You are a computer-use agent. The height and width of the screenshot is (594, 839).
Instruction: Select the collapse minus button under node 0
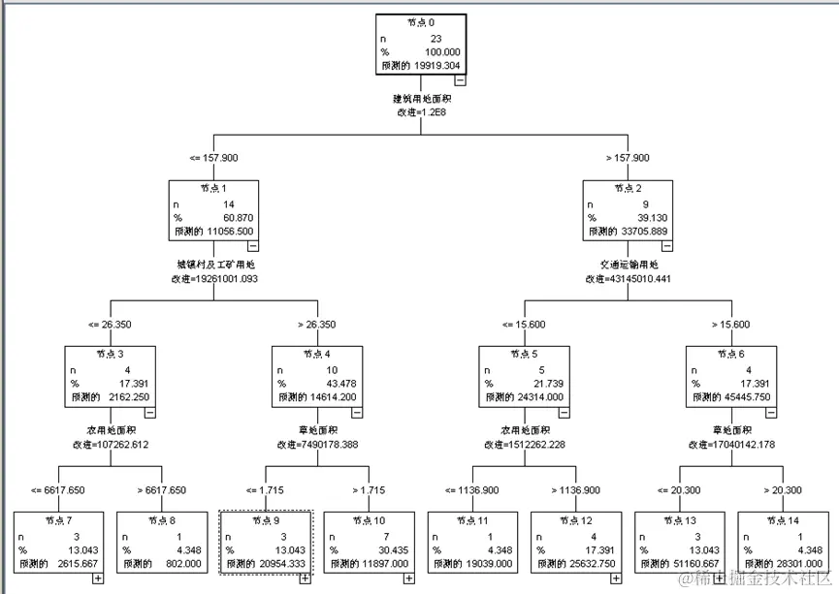(x=460, y=80)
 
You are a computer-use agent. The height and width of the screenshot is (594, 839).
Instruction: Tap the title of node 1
(x=212, y=188)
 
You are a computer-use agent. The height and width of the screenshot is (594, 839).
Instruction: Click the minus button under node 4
(x=357, y=412)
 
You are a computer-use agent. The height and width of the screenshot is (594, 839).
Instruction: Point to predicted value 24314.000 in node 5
(x=544, y=397)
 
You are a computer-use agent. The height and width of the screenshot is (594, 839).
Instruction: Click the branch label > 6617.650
(x=161, y=489)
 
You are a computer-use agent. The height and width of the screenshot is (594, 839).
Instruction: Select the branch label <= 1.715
(x=265, y=489)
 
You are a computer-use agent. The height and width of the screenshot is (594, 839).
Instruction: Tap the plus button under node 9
(x=305, y=578)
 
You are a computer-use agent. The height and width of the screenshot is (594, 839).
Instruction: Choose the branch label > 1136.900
(x=575, y=489)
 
